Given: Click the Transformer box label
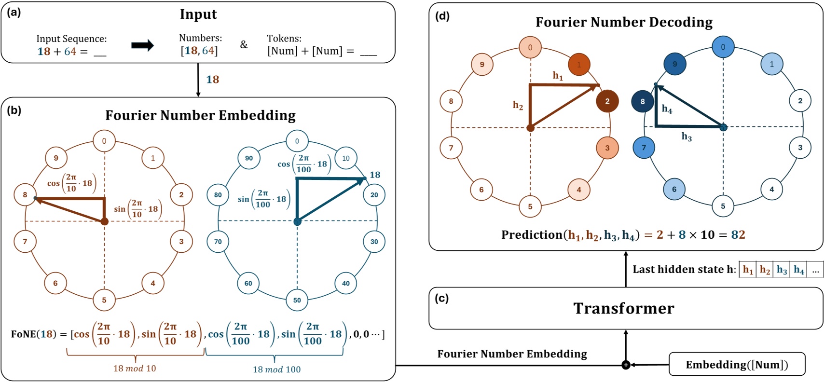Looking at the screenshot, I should click(623, 308).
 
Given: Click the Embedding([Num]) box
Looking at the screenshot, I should click(737, 364).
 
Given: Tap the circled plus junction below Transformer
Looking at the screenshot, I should click(626, 365).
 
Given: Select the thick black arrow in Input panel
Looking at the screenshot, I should click(142, 45).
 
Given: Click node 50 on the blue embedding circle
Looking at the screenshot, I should click(297, 300).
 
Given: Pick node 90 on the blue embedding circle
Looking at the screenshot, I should click(249, 158).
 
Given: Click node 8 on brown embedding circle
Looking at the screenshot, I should click(25, 195).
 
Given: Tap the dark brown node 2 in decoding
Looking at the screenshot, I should click(607, 101).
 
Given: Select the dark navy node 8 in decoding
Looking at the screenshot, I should click(643, 102).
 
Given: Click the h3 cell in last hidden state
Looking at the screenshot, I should click(782, 270).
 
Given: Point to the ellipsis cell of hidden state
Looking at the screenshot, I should click(815, 270).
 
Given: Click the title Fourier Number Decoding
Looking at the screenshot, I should click(623, 22).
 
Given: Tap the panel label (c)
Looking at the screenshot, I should click(441, 298).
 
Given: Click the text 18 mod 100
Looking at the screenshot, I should click(276, 369).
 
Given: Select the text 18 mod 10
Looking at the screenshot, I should click(135, 369).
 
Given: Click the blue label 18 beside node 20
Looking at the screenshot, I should click(375, 175).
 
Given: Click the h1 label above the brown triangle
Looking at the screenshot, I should click(558, 76).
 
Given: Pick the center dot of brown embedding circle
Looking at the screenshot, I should click(104, 221).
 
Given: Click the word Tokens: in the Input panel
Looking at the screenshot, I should click(284, 38).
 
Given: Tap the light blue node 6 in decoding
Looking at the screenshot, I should click(674, 189).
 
